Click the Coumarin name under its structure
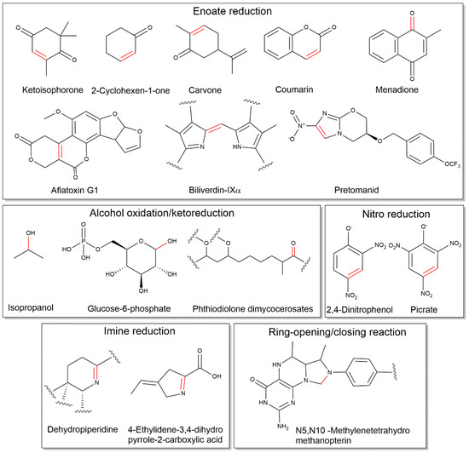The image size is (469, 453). coord(311,89)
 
